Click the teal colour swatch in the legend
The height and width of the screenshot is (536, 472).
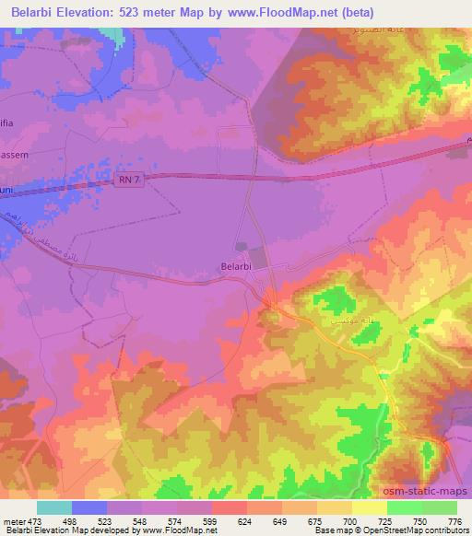(x=54, y=507)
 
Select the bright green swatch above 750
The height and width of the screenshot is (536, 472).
(x=405, y=507)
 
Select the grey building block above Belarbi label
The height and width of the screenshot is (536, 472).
(x=242, y=247)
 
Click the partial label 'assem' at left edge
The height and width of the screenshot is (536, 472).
(x=15, y=156)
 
